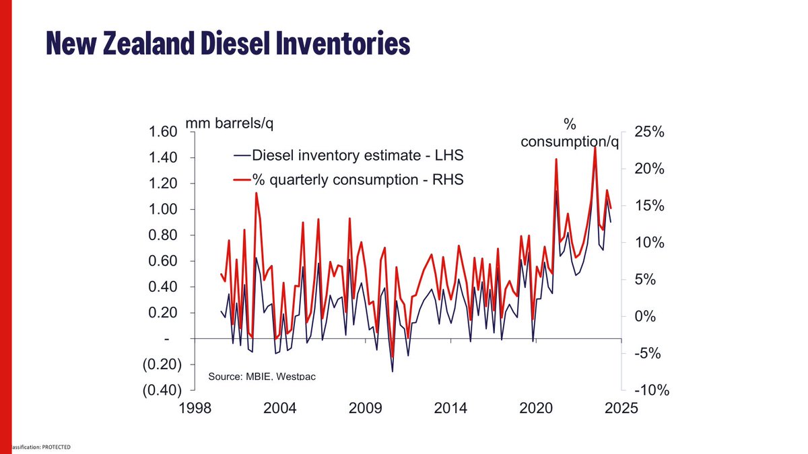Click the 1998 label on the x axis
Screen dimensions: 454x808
click(194, 409)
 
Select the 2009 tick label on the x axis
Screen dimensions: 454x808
click(365, 409)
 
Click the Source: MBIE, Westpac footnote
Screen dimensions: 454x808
click(262, 376)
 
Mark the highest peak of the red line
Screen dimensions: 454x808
click(595, 147)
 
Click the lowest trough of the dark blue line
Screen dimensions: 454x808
click(392, 371)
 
